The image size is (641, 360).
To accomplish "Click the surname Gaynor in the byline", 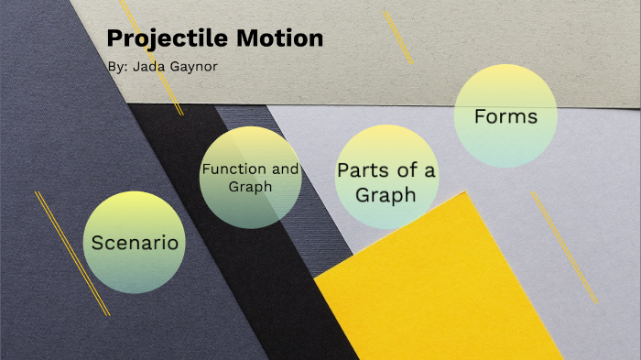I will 195,67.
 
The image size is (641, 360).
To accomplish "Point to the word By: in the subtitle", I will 117,67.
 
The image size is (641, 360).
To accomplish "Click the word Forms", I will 505,117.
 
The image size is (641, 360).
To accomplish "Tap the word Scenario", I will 134,244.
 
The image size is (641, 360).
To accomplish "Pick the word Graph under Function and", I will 250,187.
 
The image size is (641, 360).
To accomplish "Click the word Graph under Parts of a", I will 386,194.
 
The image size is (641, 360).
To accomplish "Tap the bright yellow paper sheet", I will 440,293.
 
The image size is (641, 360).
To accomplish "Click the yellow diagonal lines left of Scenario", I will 71,253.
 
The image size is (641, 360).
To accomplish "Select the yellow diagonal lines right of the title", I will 397,36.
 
